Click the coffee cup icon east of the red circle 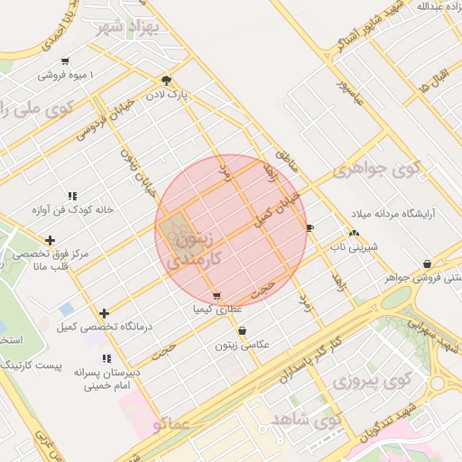tap(310, 227)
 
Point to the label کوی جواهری tap(376, 169)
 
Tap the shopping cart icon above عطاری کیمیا tap(217, 295)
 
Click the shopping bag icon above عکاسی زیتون tap(242, 330)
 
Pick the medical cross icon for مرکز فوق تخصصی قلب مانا tap(50, 240)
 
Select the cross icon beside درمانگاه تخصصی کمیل tap(105, 312)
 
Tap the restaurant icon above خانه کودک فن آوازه tap(72, 196)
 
